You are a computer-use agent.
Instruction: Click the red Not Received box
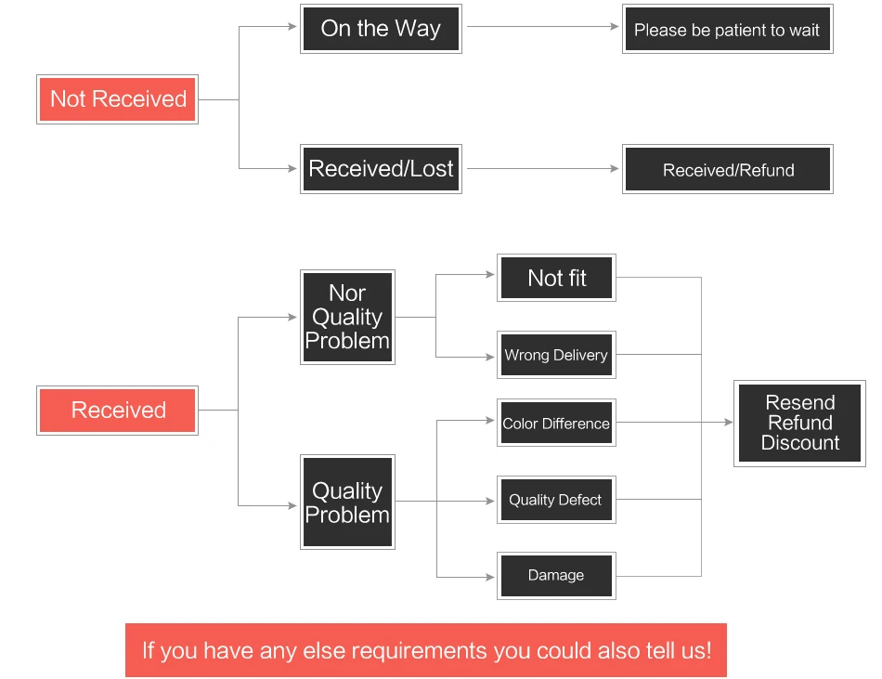point(118,99)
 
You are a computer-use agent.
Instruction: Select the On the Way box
point(381,29)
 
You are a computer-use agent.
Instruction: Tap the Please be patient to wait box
point(727,29)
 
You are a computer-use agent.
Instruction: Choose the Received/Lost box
point(381,169)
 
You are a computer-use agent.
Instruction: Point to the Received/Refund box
point(727,169)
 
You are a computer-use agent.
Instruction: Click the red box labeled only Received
point(118,411)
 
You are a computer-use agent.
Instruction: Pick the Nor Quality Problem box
point(347,318)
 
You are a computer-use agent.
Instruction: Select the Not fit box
point(556,278)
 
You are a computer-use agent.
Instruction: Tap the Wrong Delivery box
point(556,355)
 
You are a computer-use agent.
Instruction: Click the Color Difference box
point(556,423)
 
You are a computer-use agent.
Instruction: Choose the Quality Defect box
point(556,500)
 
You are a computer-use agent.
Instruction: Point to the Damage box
point(556,576)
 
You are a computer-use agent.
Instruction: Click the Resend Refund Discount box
point(799,423)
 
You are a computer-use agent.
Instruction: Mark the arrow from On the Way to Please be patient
point(543,26)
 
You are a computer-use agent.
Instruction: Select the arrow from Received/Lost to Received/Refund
point(543,168)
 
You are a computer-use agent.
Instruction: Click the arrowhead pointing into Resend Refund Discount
point(729,422)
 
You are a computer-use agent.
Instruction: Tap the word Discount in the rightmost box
point(800,443)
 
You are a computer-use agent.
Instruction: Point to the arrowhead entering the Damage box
point(490,577)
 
